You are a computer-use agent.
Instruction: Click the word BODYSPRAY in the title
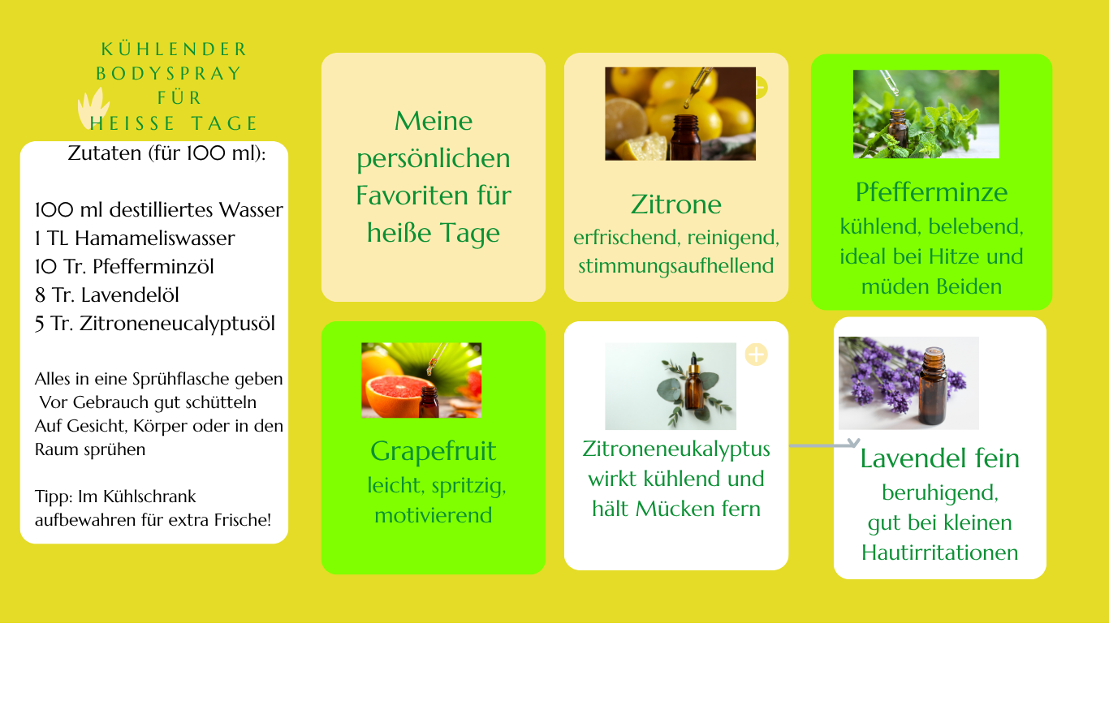tap(169, 73)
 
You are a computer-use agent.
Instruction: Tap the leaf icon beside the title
tap(93, 109)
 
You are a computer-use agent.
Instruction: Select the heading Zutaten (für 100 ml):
tap(167, 153)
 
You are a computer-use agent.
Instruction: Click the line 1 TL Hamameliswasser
tap(135, 239)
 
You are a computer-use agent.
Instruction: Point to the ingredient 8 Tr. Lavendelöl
tap(107, 295)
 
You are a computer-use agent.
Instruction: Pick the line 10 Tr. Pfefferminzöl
tap(124, 267)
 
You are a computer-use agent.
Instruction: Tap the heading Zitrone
tap(675, 204)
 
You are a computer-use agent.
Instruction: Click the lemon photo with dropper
tap(680, 114)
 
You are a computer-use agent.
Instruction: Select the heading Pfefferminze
tap(931, 192)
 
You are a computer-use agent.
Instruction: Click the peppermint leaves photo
tap(926, 114)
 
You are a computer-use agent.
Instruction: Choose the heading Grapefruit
tap(434, 452)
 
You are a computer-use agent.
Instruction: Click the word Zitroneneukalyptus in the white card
tap(676, 449)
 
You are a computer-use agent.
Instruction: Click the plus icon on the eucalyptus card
tap(756, 355)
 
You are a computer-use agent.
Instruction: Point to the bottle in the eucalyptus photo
tap(693, 383)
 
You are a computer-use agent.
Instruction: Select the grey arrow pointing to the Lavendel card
tap(824, 445)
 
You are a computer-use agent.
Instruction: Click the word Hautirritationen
tap(939, 552)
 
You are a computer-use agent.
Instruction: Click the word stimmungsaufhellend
tap(675, 266)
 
